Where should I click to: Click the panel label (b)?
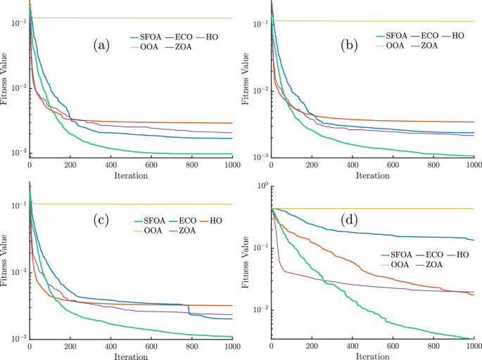346,46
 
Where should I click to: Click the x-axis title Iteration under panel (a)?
131,176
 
